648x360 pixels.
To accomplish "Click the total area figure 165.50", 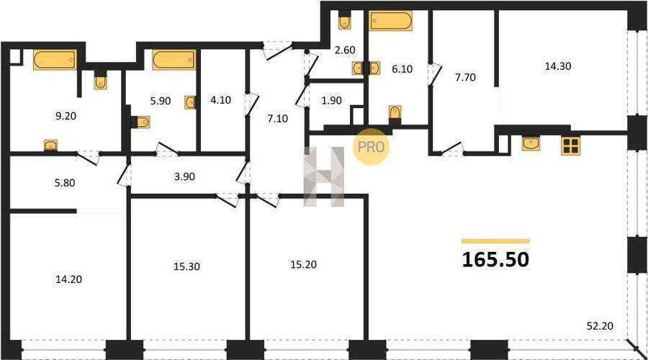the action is (495, 260).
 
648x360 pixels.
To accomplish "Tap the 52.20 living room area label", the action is (600, 326).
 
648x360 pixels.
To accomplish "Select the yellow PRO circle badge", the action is (371, 147).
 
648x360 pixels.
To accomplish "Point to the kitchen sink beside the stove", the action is (530, 143).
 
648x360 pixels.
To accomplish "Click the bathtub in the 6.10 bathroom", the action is (390, 21).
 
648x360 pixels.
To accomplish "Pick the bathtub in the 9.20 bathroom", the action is (55, 60).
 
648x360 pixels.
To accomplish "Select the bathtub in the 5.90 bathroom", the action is (174, 60).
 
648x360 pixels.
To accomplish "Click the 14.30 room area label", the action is (558, 66).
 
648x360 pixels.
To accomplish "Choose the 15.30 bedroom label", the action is (186, 266).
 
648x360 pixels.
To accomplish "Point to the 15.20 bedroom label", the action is (303, 264).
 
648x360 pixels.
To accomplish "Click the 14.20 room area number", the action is (68, 279).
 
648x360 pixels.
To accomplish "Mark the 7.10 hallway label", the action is (278, 119).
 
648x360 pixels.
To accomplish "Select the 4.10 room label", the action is (221, 100).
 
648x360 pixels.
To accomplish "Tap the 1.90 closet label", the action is (331, 100).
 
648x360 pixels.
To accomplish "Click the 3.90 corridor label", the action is (184, 176).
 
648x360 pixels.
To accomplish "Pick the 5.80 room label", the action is (65, 183).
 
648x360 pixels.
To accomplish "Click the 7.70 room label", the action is (465, 77).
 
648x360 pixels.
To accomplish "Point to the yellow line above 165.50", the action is (495, 241).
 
